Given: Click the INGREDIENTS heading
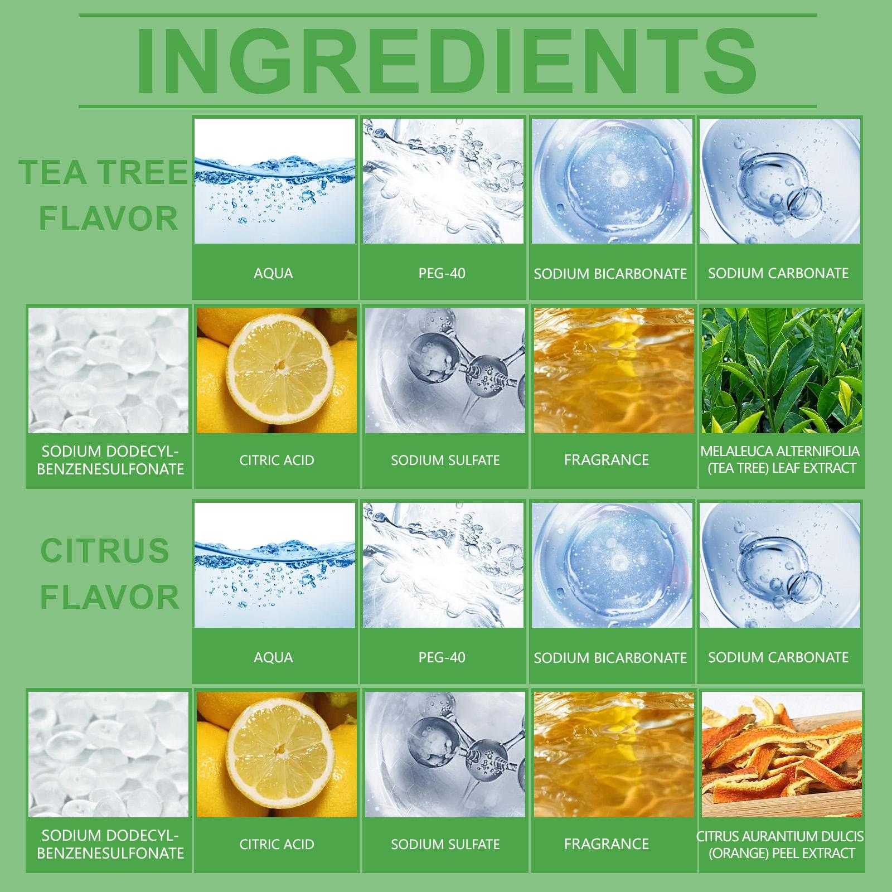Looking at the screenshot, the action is coord(447,60).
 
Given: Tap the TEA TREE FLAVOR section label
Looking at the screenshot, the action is coord(104,195).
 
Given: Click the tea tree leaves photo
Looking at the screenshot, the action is coord(782,370).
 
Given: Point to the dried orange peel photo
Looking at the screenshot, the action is coord(782,754).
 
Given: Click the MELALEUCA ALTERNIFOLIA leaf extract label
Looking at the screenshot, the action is coord(780,459).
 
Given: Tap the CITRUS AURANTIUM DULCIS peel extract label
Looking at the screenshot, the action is coord(780,844).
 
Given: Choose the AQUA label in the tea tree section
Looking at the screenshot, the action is coord(273,273).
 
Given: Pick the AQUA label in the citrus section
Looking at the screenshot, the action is coord(273,657).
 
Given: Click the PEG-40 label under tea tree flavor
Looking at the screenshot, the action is coord(442,273).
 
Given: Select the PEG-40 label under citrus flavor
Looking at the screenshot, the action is coord(442,657).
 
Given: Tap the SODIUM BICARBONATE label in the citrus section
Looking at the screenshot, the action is coord(610,658).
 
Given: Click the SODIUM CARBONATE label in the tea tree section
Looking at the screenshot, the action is coord(778,273).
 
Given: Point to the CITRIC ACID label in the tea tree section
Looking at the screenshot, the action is coord(277,460).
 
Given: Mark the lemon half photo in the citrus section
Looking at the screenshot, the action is coord(277,754).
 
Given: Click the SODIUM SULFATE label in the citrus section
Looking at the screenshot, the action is coord(445,845).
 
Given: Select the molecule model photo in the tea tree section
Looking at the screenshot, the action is coord(445,370).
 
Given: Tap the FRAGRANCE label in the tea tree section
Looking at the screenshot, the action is coord(607,460).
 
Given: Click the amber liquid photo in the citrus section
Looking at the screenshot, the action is coord(614,754).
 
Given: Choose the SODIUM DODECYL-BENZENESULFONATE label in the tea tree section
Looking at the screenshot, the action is coord(110,460).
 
